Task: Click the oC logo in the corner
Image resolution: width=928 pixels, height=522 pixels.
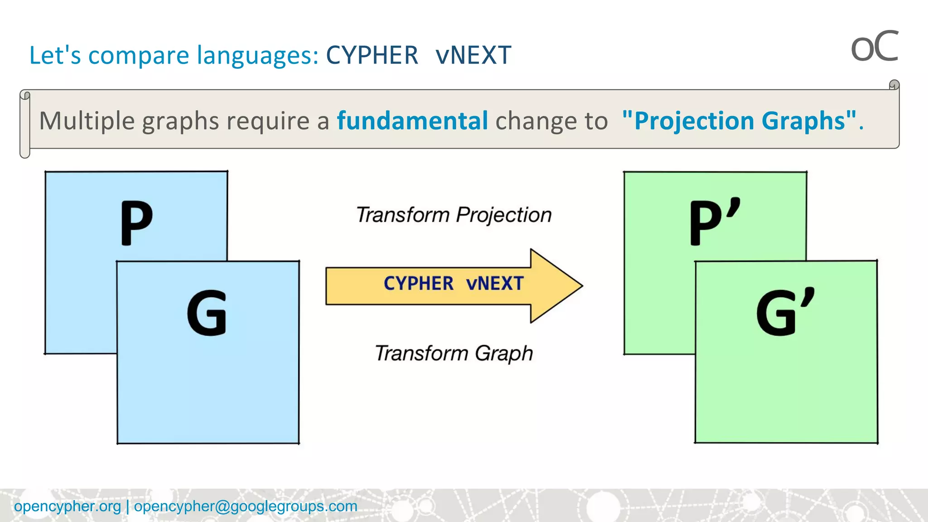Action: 874,47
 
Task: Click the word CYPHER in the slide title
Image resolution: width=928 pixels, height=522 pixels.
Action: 372,55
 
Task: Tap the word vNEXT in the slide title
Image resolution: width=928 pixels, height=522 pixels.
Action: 473,55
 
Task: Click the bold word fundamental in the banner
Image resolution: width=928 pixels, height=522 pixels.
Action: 412,121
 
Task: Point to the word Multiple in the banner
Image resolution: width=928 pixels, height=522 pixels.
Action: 87,121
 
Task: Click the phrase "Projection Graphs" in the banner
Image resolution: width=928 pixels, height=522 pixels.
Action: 739,121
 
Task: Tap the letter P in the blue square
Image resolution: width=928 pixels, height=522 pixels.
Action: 136,222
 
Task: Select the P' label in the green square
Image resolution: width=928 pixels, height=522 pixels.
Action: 714,222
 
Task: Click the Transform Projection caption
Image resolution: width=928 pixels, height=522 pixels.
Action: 454,215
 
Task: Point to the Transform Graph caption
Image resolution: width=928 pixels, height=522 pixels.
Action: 454,353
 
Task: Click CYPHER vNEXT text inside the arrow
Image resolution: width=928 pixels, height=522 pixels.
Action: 453,284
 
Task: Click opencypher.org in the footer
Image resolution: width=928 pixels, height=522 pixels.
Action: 68,506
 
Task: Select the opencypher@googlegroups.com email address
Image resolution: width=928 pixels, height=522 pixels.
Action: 245,506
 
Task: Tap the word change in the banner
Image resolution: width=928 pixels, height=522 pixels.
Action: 528,121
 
